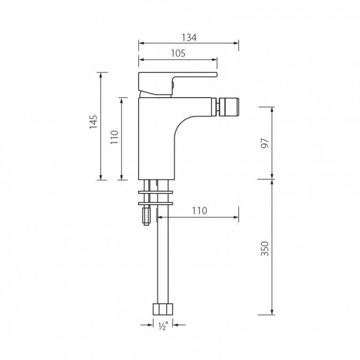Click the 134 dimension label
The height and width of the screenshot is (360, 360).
(189, 38)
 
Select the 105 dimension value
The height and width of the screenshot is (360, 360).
(178, 53)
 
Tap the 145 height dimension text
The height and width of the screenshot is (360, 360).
(93, 122)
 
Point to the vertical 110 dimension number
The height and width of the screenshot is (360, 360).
(114, 137)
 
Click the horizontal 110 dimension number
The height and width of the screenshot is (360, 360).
(199, 211)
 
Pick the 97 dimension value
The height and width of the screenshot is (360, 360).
(265, 143)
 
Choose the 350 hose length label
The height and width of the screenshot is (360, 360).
(265, 249)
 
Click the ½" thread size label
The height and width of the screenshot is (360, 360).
(163, 326)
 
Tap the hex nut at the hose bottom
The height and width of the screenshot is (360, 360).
(163, 309)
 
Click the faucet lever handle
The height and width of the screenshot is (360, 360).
(178, 84)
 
